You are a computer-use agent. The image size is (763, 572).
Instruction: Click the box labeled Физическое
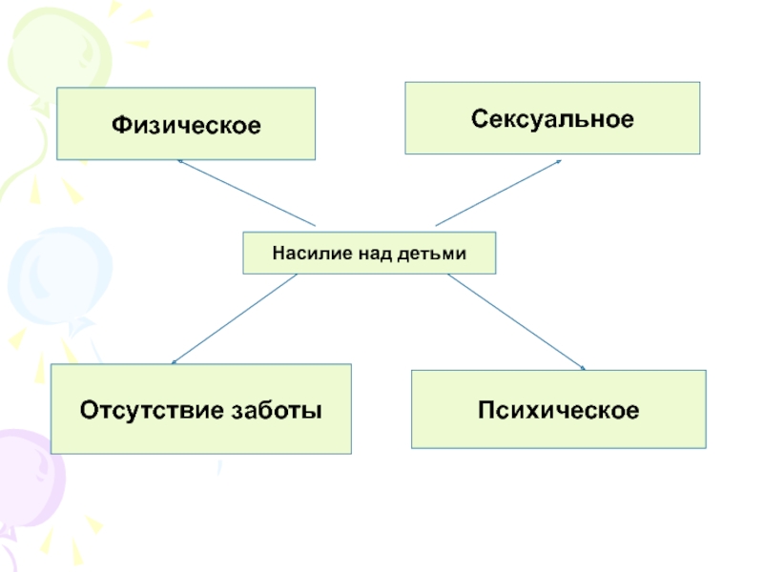tap(186, 124)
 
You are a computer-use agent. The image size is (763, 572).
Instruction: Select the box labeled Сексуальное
tap(552, 118)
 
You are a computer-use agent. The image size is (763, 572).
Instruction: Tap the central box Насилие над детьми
tap(369, 254)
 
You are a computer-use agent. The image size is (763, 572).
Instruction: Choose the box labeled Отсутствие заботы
tap(200, 409)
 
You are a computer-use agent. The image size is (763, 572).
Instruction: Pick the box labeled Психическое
tap(558, 410)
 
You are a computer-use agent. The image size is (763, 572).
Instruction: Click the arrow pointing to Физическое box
tap(246, 193)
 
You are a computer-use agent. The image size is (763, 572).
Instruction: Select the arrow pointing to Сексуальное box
tap(498, 193)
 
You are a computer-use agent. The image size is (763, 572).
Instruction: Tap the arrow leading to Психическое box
tap(515, 321)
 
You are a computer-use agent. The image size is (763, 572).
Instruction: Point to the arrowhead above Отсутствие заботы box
tap(175, 361)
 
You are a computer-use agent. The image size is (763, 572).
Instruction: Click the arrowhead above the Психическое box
tap(581, 366)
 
